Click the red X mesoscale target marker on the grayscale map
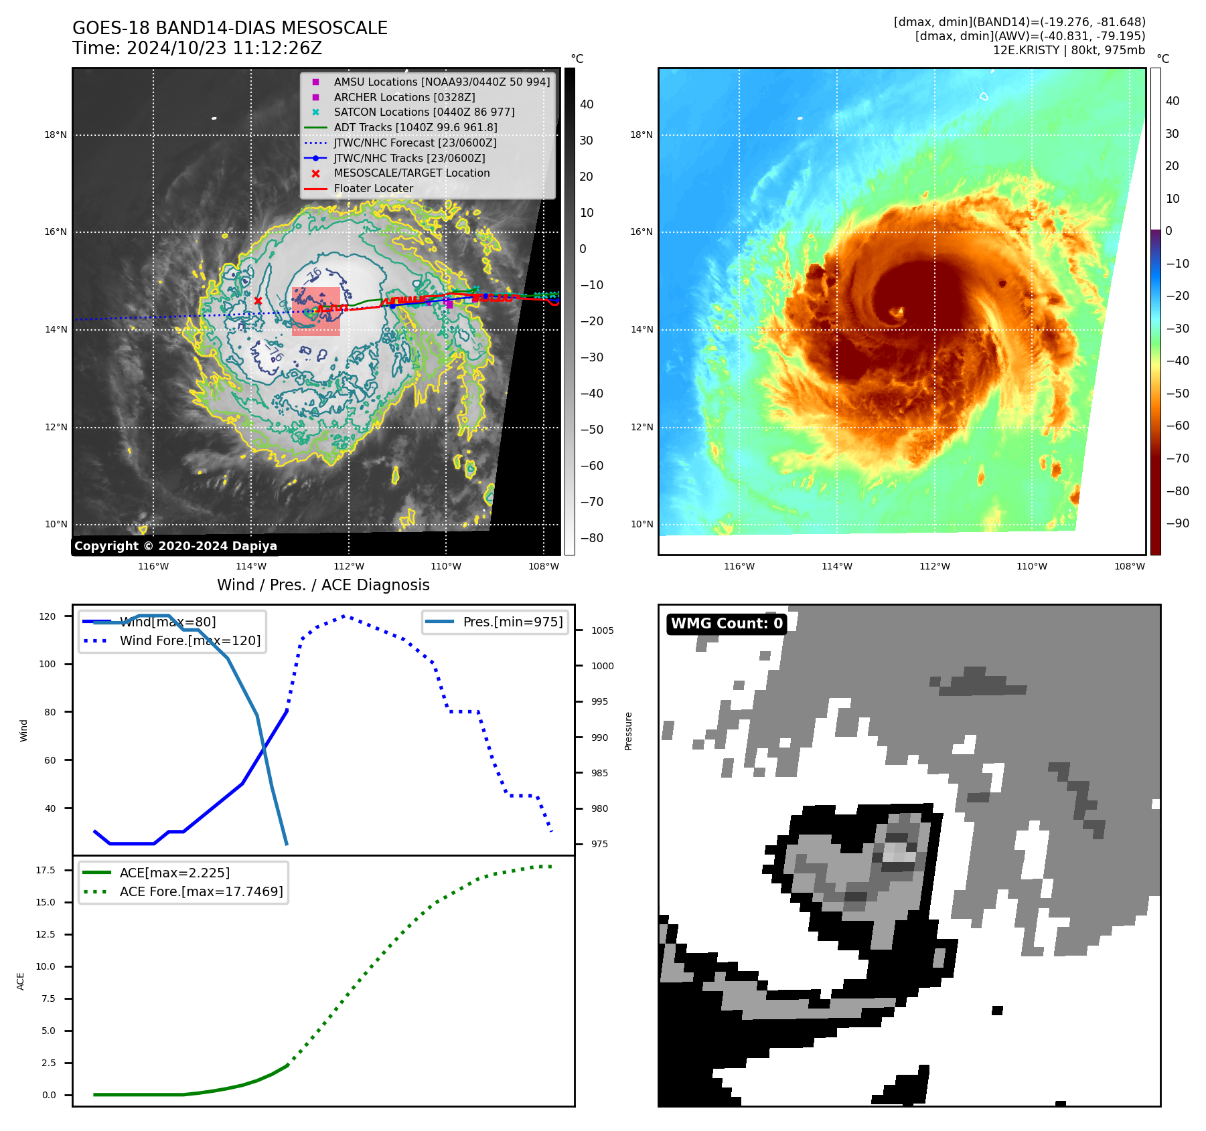(x=258, y=301)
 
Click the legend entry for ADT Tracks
(x=415, y=127)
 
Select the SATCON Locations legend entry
(x=424, y=112)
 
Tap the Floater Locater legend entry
(x=373, y=188)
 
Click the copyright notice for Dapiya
(x=175, y=546)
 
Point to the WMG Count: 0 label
(x=727, y=624)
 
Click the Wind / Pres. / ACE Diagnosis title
(x=323, y=585)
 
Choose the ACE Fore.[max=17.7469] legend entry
(x=201, y=891)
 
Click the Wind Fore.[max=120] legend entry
(x=190, y=640)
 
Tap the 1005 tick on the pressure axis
(x=602, y=630)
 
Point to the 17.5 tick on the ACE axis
(x=46, y=870)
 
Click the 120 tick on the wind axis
(x=48, y=616)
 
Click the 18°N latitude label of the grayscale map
(x=56, y=135)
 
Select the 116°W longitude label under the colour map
(x=739, y=566)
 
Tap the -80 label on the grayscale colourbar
(x=591, y=538)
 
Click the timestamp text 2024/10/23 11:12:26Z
(x=224, y=48)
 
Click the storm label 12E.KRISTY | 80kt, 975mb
(x=1069, y=50)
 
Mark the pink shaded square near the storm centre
(x=315, y=312)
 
